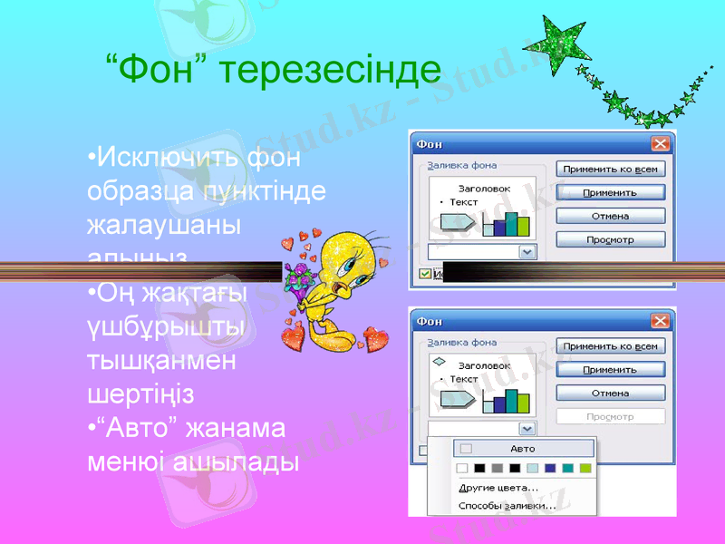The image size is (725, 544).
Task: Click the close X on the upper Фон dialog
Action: (660, 144)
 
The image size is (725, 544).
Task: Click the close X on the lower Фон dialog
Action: (660, 321)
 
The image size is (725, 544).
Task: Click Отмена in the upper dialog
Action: (610, 216)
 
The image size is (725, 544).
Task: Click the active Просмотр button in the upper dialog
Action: (610, 240)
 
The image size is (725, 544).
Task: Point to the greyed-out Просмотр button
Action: (610, 417)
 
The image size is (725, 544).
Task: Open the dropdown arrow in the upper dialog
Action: (527, 252)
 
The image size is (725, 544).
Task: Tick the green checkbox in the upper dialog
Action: (425, 274)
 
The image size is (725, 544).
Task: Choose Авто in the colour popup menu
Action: (522, 449)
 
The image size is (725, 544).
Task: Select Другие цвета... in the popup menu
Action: (498, 488)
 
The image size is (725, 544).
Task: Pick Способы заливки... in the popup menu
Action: (507, 506)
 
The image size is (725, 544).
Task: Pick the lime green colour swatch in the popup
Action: (585, 469)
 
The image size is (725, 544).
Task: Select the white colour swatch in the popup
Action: (462, 469)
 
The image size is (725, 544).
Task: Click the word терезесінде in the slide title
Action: (336, 70)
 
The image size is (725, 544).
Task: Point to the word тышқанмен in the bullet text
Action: (159, 361)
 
